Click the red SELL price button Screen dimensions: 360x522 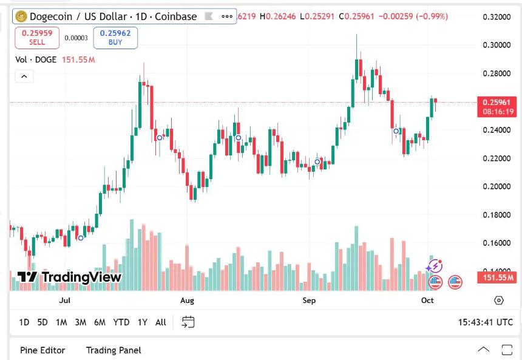(x=37, y=38)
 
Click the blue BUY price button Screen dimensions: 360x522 (x=115, y=38)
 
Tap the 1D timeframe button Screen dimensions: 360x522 (x=24, y=322)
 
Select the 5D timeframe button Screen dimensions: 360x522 (x=42, y=322)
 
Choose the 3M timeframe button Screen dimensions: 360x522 (x=80, y=322)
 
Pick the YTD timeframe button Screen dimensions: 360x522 (x=121, y=322)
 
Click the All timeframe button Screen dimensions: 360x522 (x=160, y=322)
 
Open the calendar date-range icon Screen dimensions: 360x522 (x=188, y=322)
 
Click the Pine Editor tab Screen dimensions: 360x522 (x=42, y=350)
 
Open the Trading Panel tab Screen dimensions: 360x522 (x=114, y=350)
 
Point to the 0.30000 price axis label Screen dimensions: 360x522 (x=496, y=45)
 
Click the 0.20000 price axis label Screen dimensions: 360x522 (x=496, y=186)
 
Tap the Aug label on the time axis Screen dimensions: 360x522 (x=187, y=300)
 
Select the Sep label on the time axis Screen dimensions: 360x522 (x=310, y=300)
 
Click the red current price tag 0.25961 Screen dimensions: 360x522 (x=497, y=102)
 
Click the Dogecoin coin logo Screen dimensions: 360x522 (x=21, y=16)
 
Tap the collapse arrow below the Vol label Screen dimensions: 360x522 (x=24, y=76)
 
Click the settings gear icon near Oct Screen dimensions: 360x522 (x=499, y=300)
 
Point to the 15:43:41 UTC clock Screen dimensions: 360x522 (x=486, y=322)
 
